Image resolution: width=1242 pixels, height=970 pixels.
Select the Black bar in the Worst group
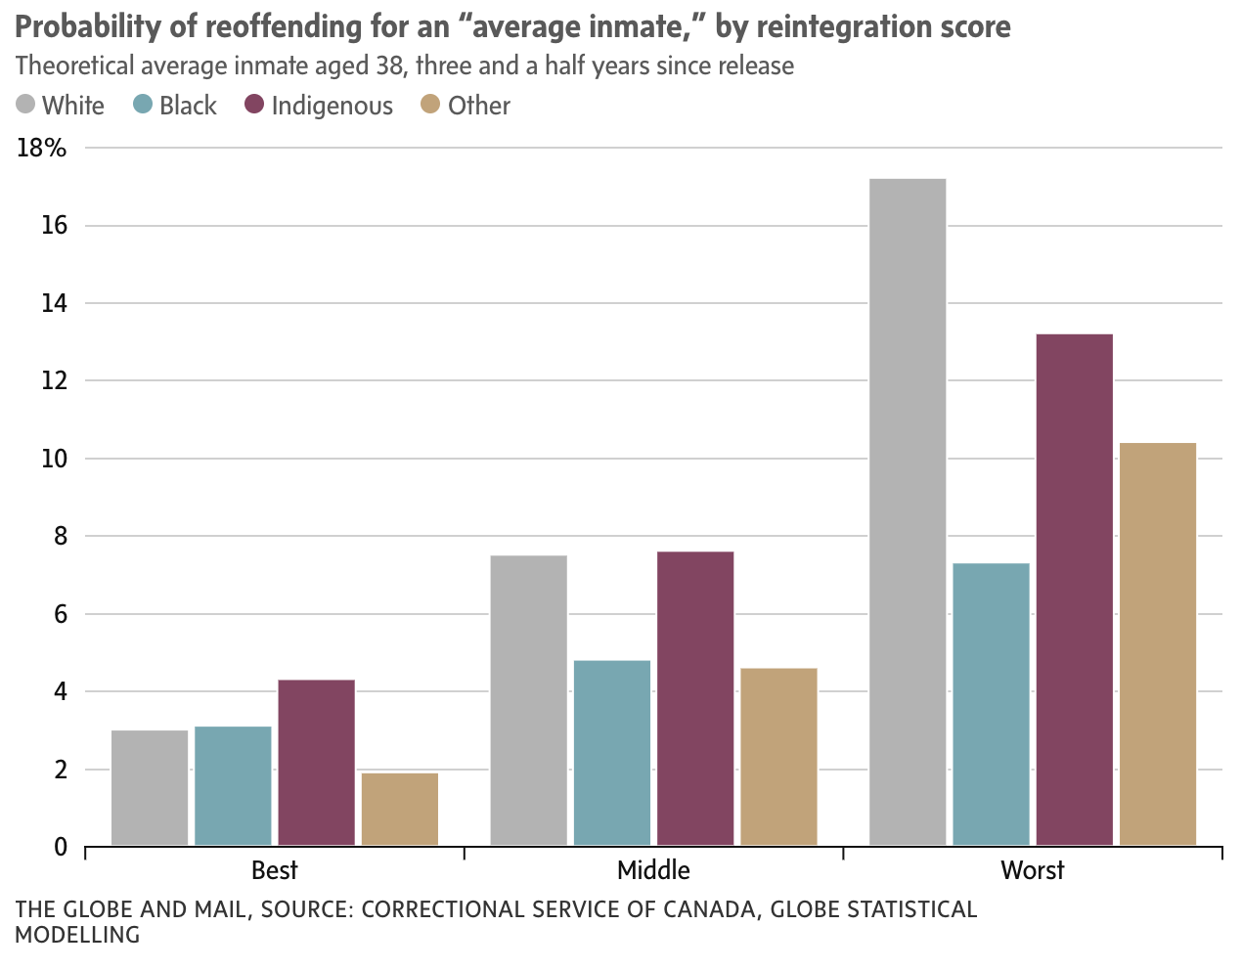pos(991,704)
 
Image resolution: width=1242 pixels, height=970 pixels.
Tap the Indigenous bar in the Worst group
pos(1074,590)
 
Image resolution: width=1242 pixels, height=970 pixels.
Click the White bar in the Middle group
pos(528,700)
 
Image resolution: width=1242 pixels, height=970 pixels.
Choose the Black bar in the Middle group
pos(611,753)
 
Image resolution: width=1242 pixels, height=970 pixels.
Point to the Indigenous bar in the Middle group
pos(695,698)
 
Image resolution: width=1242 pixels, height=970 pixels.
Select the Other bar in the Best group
pos(400,810)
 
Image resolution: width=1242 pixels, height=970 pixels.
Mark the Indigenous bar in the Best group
pos(316,763)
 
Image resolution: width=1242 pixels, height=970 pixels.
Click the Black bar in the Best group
pos(233,786)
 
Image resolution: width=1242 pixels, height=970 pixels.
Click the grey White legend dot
pos(25,105)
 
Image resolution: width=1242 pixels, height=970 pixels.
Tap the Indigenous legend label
pos(332,106)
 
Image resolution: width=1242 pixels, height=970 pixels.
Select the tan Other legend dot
pos(430,105)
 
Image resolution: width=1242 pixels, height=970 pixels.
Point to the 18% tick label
pos(42,149)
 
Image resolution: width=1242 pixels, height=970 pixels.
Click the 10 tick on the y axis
pos(54,459)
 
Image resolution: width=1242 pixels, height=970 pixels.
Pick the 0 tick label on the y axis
pos(61,847)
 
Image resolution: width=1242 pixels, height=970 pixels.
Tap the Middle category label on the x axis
pos(653,870)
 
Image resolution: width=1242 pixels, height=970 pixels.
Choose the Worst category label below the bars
pos(1032,870)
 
